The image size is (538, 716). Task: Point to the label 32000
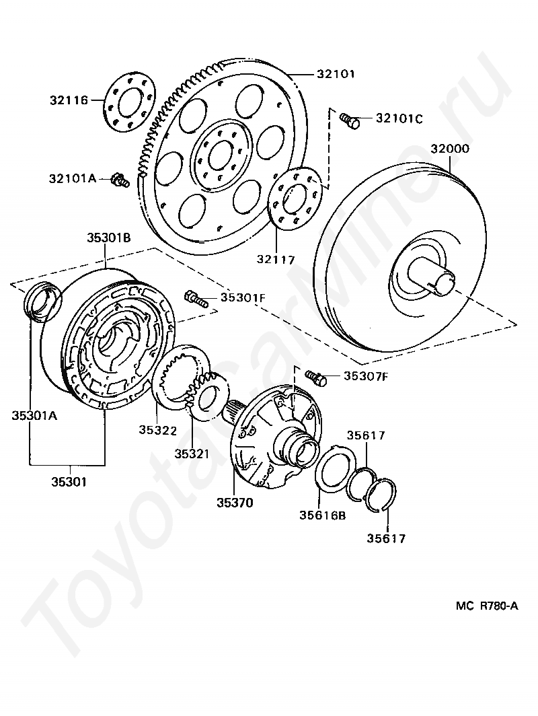tap(450, 149)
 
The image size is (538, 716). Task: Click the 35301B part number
tap(108, 238)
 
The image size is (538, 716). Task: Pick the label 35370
tap(235, 502)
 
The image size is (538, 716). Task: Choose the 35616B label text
tap(323, 516)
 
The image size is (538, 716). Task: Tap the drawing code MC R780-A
tap(487, 606)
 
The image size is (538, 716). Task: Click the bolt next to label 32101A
tap(120, 180)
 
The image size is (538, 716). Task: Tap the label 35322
tap(158, 429)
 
